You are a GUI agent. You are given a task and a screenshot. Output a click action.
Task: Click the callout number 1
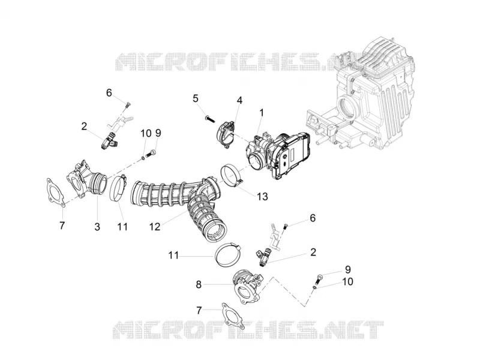tap(262, 113)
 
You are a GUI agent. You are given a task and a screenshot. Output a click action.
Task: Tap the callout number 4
tap(239, 100)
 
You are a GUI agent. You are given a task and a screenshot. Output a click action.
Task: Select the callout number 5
tap(196, 98)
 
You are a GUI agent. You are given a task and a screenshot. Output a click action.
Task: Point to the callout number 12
tap(155, 227)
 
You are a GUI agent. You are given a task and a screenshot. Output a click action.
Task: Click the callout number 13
tap(262, 196)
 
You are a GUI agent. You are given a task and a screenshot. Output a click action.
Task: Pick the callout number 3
tap(97, 227)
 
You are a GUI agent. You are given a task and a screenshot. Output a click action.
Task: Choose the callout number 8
tap(199, 284)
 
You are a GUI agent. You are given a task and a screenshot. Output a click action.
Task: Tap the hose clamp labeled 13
tap(232, 176)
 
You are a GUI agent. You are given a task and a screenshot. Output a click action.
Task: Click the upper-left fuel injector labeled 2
tap(110, 142)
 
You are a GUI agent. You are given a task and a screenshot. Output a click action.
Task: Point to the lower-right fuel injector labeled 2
tap(264, 258)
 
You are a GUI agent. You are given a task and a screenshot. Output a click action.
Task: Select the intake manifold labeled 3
tap(87, 178)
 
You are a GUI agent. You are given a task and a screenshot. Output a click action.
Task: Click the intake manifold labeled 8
tap(248, 286)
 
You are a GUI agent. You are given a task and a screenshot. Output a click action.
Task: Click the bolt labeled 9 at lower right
tap(319, 278)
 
